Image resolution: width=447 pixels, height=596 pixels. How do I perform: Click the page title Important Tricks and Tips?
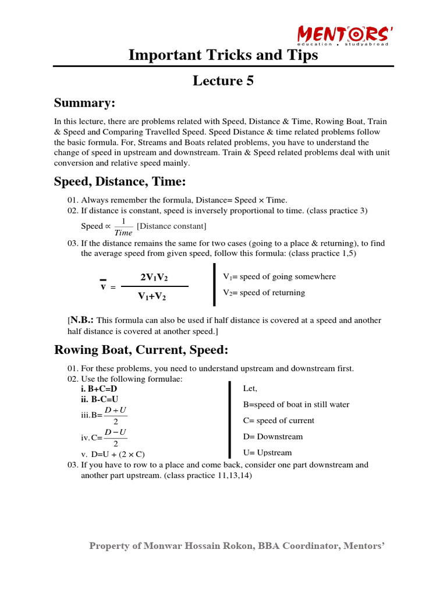coord(223,55)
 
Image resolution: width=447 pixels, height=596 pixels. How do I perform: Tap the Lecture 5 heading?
coord(223,81)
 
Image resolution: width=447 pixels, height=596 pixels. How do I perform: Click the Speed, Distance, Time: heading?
coord(120,182)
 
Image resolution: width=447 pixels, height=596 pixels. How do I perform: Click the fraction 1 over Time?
coord(123,226)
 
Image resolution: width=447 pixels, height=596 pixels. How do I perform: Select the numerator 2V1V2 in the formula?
coord(155,277)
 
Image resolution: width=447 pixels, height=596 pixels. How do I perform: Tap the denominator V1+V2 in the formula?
coord(152,296)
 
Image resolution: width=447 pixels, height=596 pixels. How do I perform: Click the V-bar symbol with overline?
coord(102,285)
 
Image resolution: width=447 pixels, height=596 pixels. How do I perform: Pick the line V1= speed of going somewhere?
coord(279,276)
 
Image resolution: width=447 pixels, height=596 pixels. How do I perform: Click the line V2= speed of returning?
coord(264,292)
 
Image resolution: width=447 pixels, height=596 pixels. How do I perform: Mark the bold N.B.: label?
coord(82,320)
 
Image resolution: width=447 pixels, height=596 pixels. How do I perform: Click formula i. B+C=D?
coord(99,388)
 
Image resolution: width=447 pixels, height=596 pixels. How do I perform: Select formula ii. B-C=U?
coord(100,399)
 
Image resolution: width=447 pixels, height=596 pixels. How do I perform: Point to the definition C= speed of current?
coord(278,420)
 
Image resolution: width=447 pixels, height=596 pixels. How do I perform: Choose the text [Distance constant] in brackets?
coord(171,226)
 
